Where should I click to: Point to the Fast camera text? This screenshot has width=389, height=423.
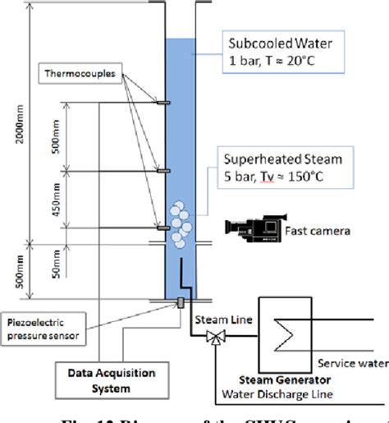(x=318, y=231)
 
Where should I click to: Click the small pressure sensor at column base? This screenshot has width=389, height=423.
(x=178, y=305)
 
